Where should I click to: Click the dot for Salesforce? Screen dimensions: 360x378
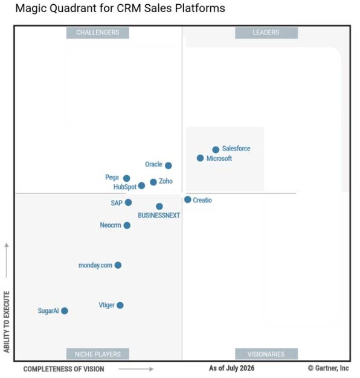[x=216, y=150]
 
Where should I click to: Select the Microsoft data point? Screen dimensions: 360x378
[x=200, y=158]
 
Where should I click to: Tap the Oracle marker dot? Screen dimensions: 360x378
[x=169, y=165]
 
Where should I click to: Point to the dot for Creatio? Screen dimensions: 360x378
[x=188, y=200]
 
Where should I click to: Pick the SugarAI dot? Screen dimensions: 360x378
[x=65, y=311]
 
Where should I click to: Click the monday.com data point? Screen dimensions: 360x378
[x=118, y=265]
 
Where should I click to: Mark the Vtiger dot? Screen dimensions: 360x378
[x=120, y=306]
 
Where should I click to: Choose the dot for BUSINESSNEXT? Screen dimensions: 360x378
[x=159, y=207]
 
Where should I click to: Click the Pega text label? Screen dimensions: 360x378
[x=112, y=178]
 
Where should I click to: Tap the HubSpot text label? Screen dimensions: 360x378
[x=125, y=187]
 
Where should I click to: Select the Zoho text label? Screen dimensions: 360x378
[x=166, y=181]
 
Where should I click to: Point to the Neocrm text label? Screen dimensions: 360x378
[x=111, y=225]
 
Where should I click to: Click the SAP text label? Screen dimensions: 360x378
[x=117, y=203]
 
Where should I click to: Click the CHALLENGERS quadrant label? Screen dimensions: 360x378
[x=98, y=33]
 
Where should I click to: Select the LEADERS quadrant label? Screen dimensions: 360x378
[x=266, y=33]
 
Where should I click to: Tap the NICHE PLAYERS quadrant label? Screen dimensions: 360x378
[x=98, y=354]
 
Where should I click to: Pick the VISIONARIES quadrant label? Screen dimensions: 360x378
[x=266, y=354]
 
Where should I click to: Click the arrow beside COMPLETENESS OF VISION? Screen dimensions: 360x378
[x=136, y=369]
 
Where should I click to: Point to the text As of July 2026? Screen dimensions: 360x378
[x=232, y=368]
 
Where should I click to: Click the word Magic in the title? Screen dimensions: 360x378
[x=31, y=8]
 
